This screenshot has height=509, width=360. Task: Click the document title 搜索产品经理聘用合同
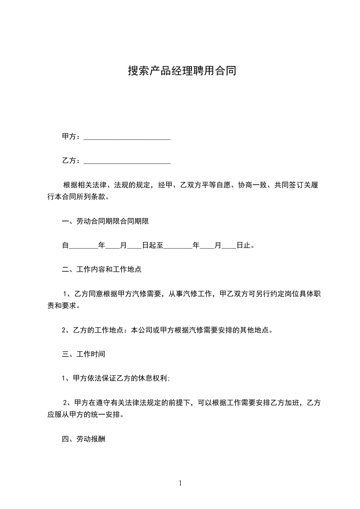click(182, 71)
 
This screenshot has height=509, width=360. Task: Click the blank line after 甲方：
click(127, 137)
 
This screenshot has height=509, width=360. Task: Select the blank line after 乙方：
click(127, 161)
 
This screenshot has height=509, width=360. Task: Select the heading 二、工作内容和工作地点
click(102, 269)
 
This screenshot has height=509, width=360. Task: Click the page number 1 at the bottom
click(180, 483)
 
